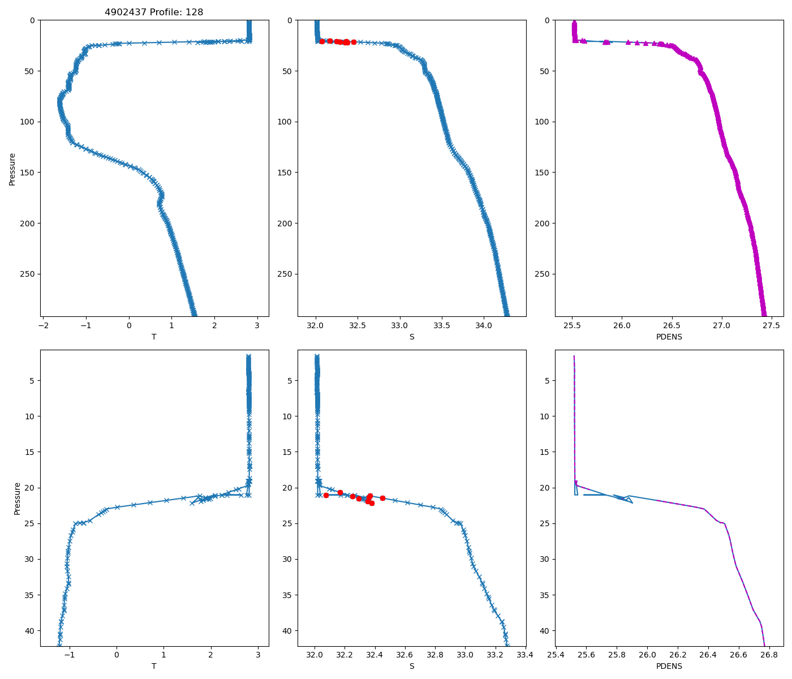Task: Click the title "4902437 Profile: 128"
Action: [x=154, y=12]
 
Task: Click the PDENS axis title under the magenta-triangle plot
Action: [x=669, y=337]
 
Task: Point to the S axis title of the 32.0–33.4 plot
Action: [x=411, y=666]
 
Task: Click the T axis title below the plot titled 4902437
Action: [x=154, y=337]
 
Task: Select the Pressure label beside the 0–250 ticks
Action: [x=12, y=169]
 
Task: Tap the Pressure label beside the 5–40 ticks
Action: [x=17, y=498]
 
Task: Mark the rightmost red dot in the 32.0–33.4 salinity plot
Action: [x=382, y=498]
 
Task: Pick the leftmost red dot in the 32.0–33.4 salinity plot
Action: [x=326, y=495]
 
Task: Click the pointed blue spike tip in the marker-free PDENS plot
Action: [x=632, y=502]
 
